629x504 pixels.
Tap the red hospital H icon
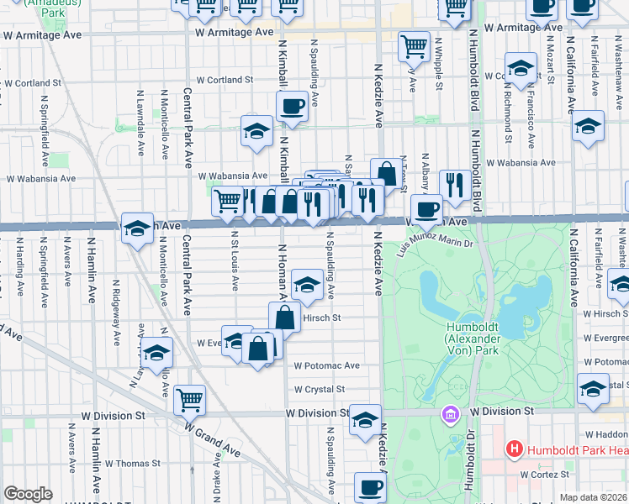tap(514, 449)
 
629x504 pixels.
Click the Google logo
tap(28, 494)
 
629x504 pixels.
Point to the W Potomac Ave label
tap(326, 366)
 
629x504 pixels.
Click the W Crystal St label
tap(320, 390)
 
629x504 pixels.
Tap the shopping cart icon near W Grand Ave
tap(189, 399)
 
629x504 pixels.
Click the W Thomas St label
tap(132, 463)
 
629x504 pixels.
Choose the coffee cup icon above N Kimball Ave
tap(291, 107)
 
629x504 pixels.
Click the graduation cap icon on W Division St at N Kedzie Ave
tap(365, 420)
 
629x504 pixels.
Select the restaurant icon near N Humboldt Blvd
tap(455, 184)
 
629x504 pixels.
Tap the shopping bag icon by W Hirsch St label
tap(285, 318)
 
